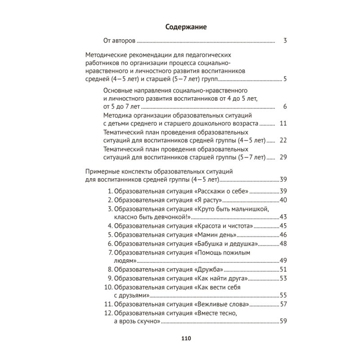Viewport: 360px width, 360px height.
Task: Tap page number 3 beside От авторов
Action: click(x=285, y=41)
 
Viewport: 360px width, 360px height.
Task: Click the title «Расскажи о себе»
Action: click(x=222, y=191)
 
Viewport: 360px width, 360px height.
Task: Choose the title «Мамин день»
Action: click(x=216, y=235)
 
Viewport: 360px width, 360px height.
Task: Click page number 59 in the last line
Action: click(x=283, y=321)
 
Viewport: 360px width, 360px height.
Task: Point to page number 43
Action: click(x=283, y=217)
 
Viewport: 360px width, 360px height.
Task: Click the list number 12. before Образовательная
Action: click(x=108, y=313)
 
